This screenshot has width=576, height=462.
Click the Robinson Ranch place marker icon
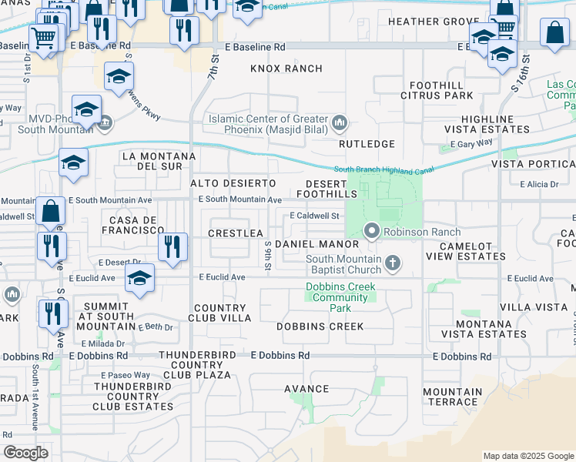point(372,231)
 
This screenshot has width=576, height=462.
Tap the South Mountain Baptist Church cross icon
point(393,263)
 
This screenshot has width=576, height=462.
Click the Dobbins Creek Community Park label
point(340,297)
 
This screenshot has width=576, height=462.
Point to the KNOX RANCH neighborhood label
point(286,69)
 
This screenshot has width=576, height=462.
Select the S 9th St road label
point(268,256)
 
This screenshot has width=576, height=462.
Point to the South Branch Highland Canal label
point(383,169)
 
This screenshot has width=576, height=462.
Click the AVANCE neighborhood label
point(306,388)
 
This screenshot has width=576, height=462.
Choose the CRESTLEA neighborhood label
point(236,233)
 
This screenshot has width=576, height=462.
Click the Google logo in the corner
point(25,453)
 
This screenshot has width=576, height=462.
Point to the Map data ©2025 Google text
point(527,456)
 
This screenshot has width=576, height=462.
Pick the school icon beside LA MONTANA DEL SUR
point(73,162)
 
